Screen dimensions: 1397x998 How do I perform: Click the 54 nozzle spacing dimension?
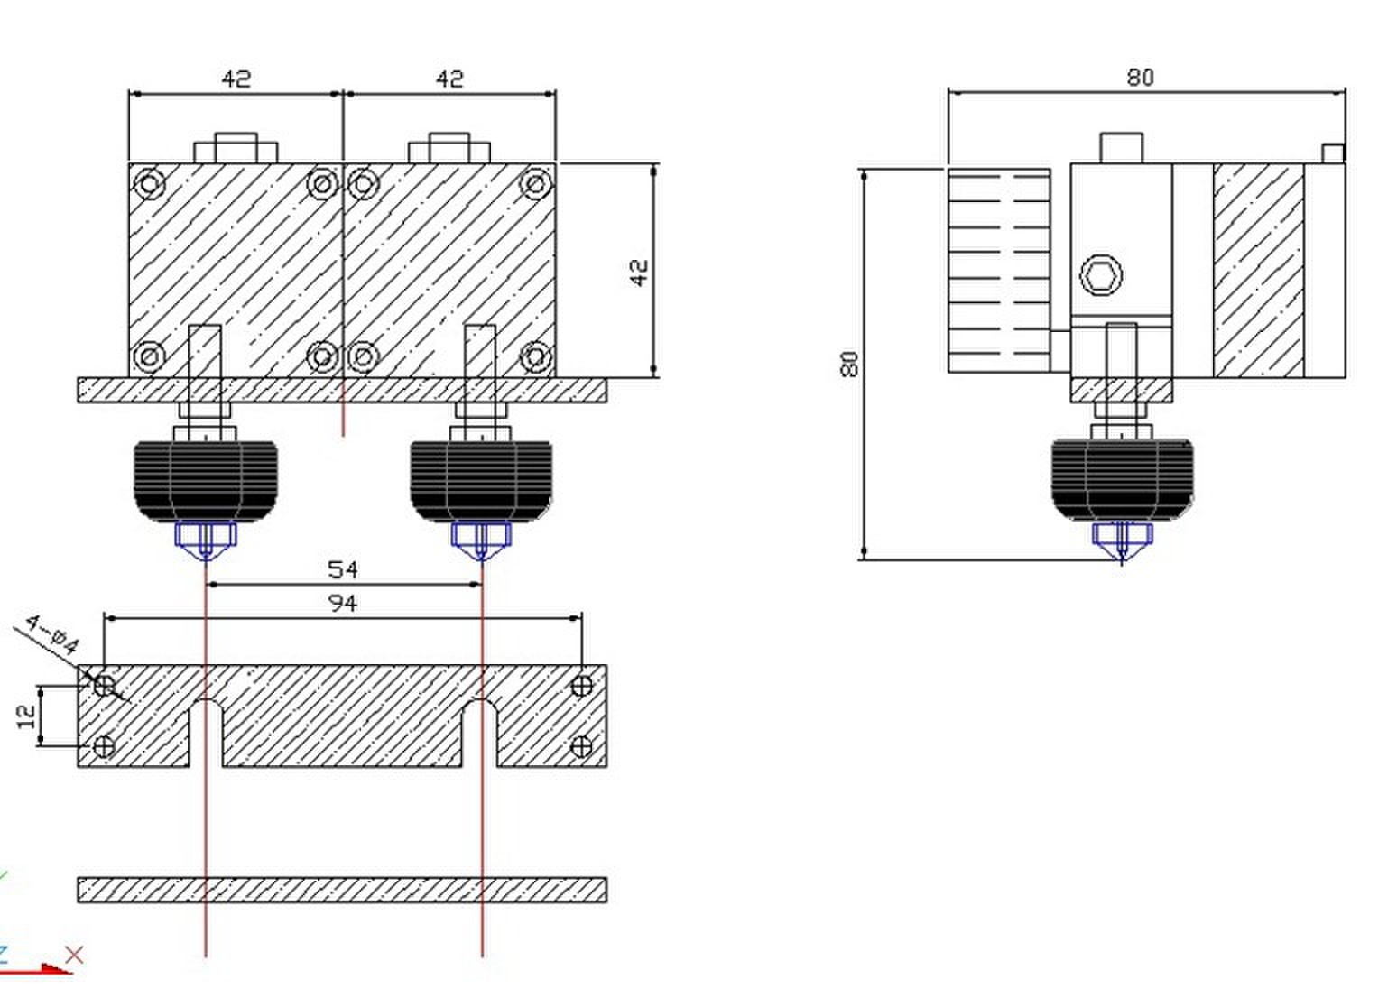pos(343,569)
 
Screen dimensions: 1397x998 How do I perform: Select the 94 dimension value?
pos(343,603)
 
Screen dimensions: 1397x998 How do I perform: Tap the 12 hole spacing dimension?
pos(27,716)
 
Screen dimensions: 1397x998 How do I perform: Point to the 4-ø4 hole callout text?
pos(53,634)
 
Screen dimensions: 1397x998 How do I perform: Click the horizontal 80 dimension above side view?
pos(1140,78)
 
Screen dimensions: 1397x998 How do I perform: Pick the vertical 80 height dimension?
pos(849,364)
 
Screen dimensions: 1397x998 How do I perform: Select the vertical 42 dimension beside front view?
pos(639,273)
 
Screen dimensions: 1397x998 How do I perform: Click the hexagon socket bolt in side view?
pos(1101,275)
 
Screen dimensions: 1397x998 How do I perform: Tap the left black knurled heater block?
pos(206,481)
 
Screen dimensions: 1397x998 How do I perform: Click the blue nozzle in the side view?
pos(1122,541)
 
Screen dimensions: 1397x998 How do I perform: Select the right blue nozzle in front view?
pos(481,541)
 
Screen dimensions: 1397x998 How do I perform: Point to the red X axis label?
pos(74,955)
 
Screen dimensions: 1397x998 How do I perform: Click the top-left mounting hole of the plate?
pos(104,686)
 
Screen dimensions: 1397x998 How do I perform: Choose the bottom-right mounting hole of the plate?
pos(582,745)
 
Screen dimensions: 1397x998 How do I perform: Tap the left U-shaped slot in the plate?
pos(206,734)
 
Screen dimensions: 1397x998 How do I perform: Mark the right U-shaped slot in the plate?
pos(479,734)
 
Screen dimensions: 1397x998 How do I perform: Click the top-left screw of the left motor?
pos(150,184)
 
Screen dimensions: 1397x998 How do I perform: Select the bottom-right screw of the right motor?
pos(535,356)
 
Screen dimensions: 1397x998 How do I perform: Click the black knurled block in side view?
pos(1122,479)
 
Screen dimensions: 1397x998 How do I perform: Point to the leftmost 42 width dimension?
pos(236,79)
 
